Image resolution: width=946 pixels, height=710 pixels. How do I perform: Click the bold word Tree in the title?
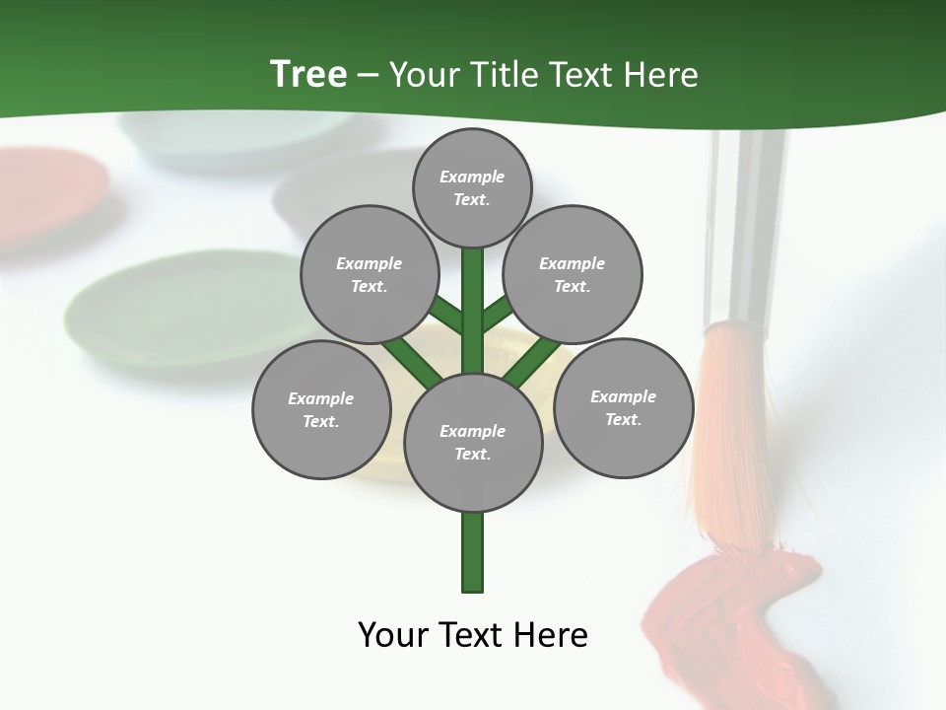coord(308,74)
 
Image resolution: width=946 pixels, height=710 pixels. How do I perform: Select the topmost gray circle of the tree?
coord(472,187)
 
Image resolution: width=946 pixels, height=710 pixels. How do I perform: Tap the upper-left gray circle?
coord(369,274)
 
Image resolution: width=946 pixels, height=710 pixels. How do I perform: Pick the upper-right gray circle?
coord(572,274)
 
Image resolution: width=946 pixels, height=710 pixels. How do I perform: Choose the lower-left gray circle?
coord(321,409)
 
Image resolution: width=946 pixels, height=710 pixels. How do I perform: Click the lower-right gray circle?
coord(623,407)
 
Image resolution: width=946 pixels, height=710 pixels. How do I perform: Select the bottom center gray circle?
coord(473,442)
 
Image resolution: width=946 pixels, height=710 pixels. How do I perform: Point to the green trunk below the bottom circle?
coord(473,552)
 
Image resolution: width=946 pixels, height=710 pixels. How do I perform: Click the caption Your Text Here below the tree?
coord(473,635)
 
